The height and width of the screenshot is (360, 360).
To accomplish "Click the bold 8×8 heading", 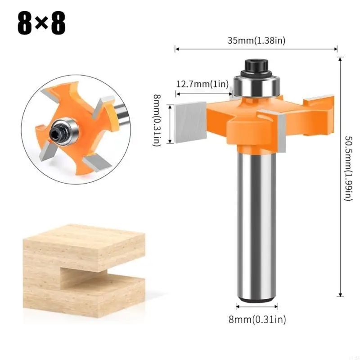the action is (41, 23).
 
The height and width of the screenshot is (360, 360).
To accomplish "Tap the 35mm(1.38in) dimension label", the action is (256, 40).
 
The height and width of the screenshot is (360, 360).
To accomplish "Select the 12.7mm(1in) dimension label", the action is (202, 84).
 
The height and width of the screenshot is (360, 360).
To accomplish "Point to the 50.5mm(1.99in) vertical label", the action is (348, 168).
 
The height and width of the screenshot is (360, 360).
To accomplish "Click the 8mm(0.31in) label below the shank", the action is (257, 319).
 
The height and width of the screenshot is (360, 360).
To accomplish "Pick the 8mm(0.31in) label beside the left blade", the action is (157, 120).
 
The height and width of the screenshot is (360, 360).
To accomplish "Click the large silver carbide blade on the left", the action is (190, 122).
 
